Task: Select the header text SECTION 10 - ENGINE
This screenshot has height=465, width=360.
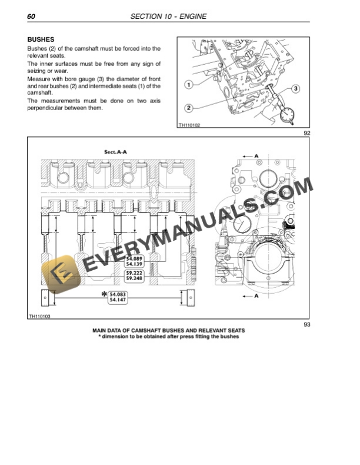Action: [x=168, y=16]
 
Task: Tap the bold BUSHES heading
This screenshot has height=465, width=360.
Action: [x=41, y=39]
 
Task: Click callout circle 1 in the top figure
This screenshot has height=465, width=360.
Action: [x=188, y=84]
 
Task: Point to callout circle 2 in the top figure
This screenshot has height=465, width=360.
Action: [x=188, y=108]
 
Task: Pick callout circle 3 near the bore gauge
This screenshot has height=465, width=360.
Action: [x=296, y=88]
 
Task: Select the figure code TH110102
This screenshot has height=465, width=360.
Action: [x=189, y=125]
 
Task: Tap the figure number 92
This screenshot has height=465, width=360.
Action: [x=306, y=133]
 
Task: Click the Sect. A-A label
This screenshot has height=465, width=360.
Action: [x=115, y=152]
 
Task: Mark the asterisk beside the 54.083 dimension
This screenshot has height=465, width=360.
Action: [x=104, y=294]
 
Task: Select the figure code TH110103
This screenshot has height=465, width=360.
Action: [x=39, y=317]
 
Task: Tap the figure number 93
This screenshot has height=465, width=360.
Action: [x=306, y=324]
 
